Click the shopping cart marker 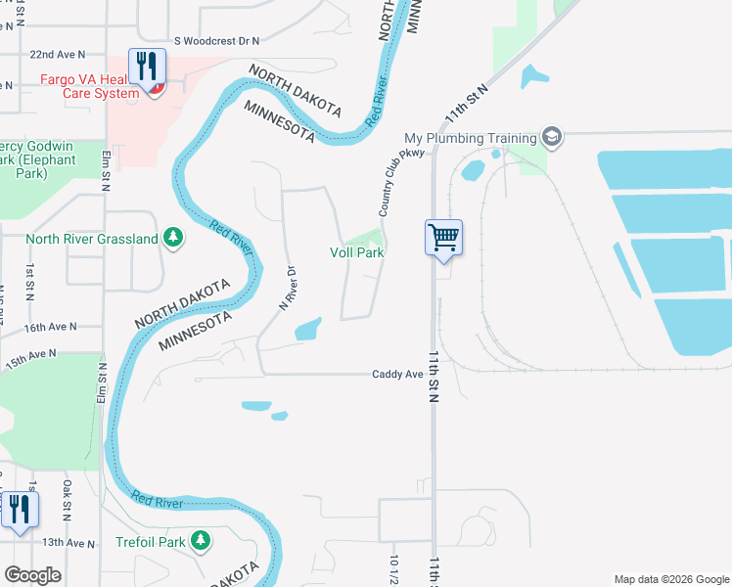pos(443,237)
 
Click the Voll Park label pos(356,252)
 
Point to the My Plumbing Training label pos(471,138)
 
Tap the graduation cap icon pos(552,137)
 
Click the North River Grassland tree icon pos(173,238)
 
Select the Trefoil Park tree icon pos(200,540)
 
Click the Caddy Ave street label pos(397,375)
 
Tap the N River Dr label pos(287,284)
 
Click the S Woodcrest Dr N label pos(216,41)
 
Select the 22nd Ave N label pos(58,56)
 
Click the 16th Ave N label pos(50,327)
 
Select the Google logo pos(32,575)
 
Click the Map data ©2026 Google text pos(670,579)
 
